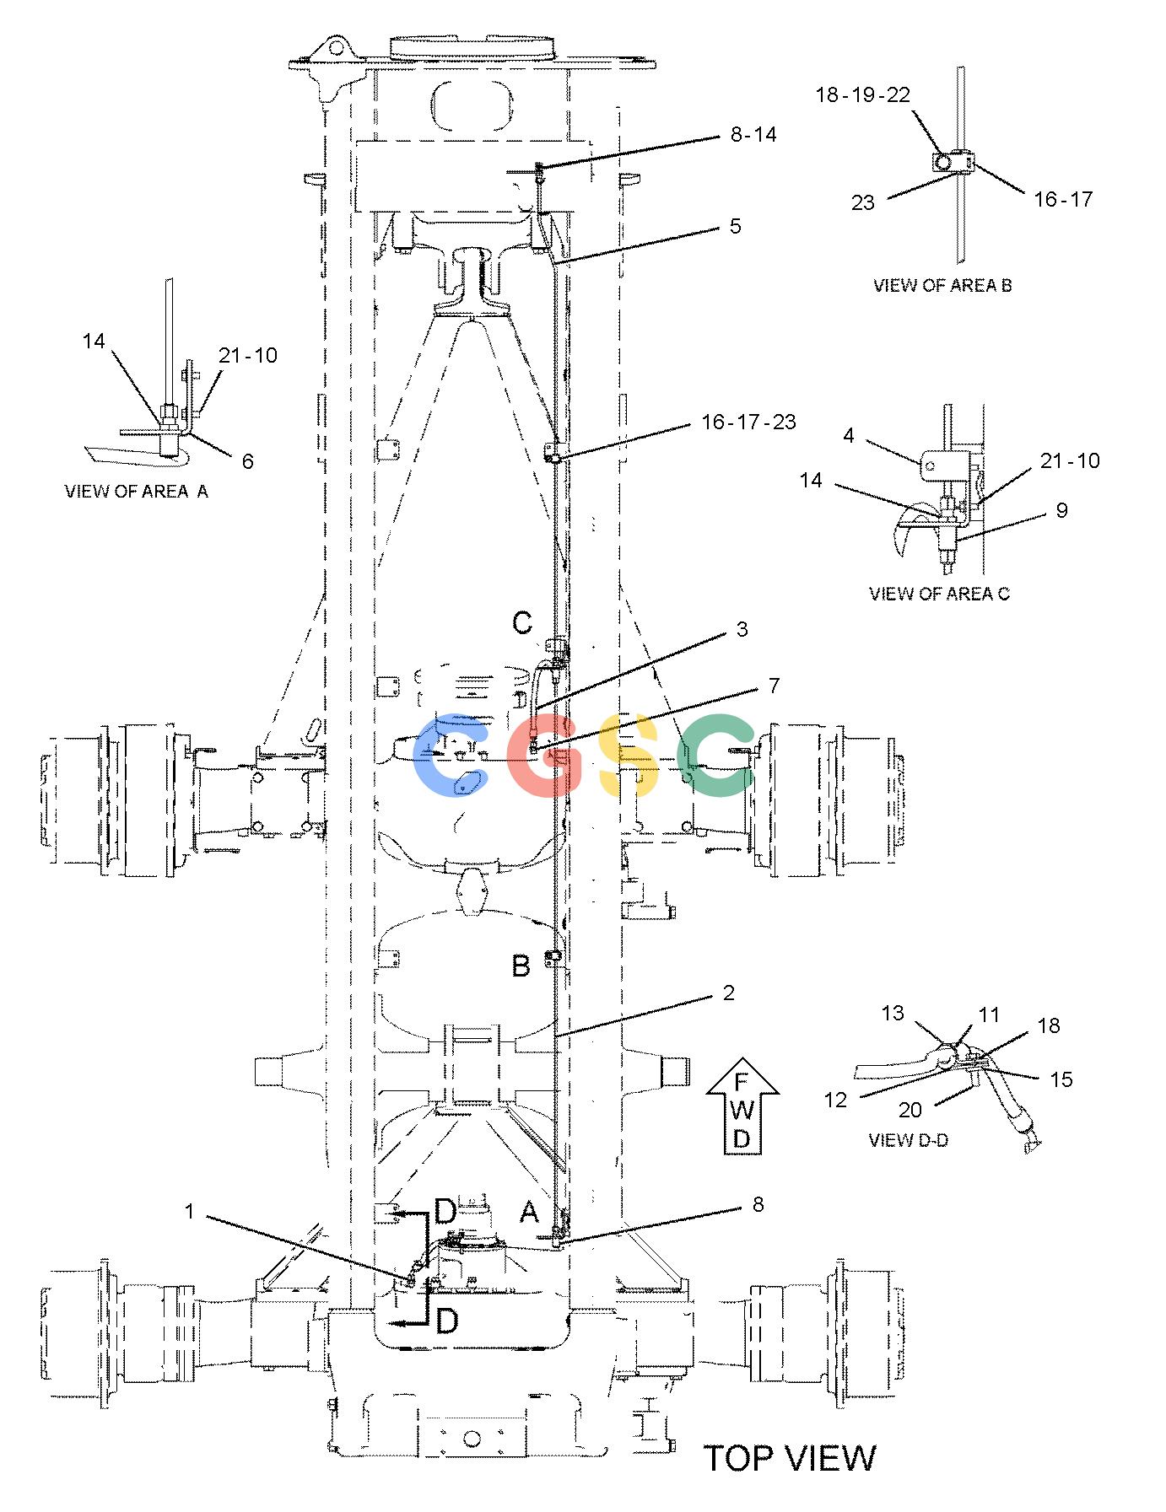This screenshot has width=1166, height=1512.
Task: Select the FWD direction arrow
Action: [742, 1106]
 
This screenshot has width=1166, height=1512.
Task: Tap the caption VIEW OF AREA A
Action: [136, 491]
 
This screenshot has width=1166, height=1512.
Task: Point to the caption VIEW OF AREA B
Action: [942, 285]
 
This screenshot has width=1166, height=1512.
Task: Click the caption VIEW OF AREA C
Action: [939, 594]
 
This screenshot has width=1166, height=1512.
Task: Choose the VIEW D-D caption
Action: [908, 1140]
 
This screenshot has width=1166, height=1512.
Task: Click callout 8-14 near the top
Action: [753, 134]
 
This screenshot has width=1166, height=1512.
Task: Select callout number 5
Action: [736, 226]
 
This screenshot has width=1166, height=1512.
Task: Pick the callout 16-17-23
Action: [749, 422]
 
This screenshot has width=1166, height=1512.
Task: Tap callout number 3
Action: [742, 629]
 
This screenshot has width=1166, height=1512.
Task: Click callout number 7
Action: [773, 686]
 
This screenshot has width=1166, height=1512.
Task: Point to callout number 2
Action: [729, 993]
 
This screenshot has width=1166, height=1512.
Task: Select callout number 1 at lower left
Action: [190, 1212]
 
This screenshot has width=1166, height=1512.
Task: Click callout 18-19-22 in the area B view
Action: [863, 94]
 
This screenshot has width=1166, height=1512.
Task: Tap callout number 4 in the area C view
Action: [849, 435]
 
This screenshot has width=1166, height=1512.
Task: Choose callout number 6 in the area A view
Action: [247, 461]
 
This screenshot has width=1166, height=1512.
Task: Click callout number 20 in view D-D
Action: [910, 1111]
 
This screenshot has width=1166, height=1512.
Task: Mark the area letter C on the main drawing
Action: [522, 623]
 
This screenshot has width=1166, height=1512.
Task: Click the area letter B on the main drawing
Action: [521, 966]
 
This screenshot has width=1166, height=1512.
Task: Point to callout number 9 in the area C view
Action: [1062, 510]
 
